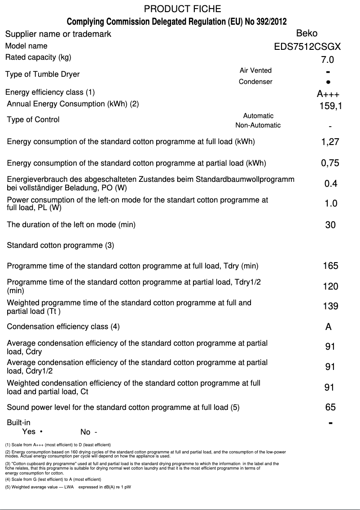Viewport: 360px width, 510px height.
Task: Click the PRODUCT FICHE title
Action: click(182, 9)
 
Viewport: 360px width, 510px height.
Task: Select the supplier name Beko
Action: click(307, 33)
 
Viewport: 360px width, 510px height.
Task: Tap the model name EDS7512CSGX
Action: click(307, 46)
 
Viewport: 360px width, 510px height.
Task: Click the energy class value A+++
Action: click(328, 94)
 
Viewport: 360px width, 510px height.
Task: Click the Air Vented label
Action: click(255, 70)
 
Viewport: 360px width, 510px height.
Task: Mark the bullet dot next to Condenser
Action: click(329, 82)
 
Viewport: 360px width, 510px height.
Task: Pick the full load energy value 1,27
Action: click(330, 142)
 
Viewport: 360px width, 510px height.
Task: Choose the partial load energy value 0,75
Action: click(330, 163)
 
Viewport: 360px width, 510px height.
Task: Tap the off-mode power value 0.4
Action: click(331, 184)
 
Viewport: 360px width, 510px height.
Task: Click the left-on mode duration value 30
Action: click(330, 225)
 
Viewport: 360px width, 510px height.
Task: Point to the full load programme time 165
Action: click(330, 266)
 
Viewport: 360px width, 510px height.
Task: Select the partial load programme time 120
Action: click(330, 286)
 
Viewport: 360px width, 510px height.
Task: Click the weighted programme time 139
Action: click(330, 307)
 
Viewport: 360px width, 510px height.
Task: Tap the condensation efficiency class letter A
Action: click(329, 327)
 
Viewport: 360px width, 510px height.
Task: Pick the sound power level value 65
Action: click(330, 408)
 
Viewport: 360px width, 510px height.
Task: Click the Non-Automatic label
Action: click(258, 125)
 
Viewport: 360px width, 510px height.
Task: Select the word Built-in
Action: click(18, 422)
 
